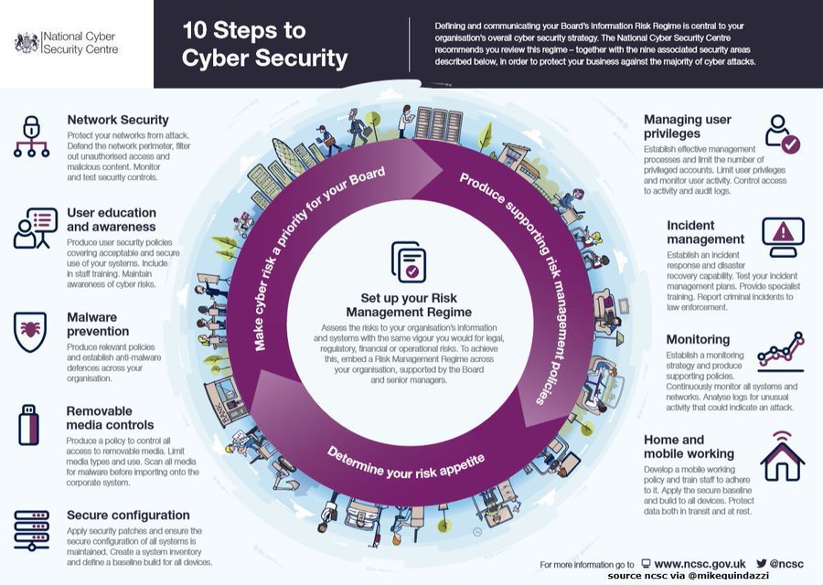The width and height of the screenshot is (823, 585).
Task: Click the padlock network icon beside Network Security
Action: coord(31,136)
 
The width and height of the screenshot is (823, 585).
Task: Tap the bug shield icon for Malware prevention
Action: coord(31,333)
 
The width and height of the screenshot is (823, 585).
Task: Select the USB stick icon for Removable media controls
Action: coord(29,425)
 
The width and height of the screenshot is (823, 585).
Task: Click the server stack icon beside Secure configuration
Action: coord(31,530)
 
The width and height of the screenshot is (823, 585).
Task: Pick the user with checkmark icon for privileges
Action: coord(782,133)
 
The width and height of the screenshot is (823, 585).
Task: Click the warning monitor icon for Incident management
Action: coord(783,236)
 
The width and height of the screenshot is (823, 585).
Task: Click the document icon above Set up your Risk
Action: coord(408,262)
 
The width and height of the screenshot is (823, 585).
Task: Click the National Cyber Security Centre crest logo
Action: coord(27,42)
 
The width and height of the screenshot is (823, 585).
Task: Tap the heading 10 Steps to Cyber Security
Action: coord(265,45)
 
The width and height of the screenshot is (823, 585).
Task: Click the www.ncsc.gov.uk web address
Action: coord(700,564)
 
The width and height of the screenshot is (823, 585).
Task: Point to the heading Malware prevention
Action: coord(98,324)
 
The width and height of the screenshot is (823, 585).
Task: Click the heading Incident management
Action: coord(705,232)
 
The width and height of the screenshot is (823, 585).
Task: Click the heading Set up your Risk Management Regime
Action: coord(409,305)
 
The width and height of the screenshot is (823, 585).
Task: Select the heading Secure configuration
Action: coord(128,515)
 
